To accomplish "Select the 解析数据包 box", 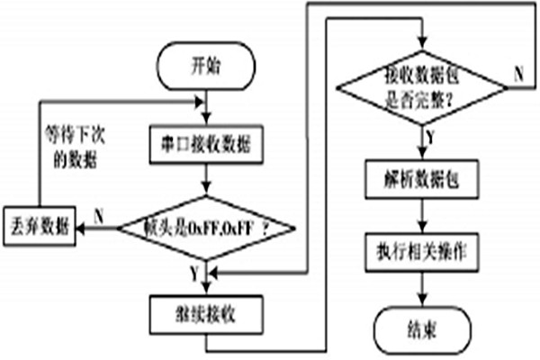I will tap(420, 176).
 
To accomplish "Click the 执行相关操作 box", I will tap(420, 248).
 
